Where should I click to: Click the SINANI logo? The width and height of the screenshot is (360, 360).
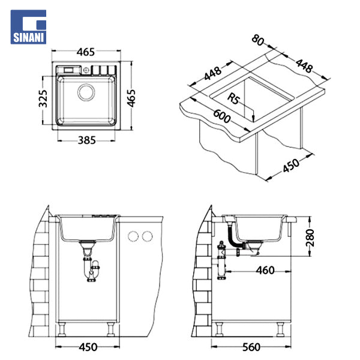point(28,27)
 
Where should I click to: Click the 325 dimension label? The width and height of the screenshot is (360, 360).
point(43,99)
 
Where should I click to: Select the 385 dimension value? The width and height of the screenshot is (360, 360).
point(86,140)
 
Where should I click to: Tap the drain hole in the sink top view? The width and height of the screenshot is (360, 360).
point(86,92)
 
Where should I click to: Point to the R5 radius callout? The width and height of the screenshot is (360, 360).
point(234,99)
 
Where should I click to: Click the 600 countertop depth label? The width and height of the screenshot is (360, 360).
point(222,116)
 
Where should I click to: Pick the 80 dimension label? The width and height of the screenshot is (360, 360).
point(258,40)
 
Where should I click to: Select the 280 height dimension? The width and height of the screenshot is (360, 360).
point(310,238)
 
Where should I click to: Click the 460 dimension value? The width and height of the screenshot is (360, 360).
point(265,270)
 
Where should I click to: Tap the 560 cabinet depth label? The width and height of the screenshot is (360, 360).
point(251,347)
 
